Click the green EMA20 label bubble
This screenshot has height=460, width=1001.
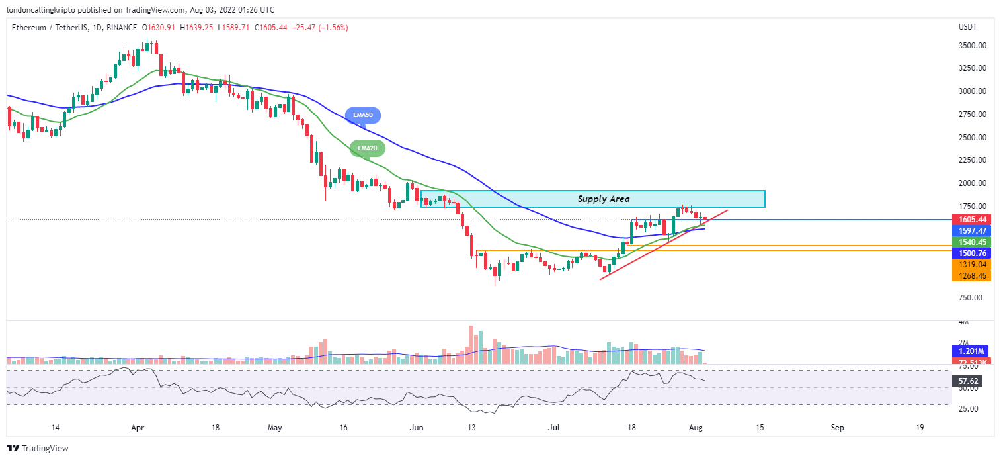366,148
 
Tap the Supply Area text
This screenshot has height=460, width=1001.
603,199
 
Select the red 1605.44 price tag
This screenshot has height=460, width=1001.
971,219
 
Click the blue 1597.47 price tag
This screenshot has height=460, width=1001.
971,231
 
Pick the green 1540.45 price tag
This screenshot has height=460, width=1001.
971,242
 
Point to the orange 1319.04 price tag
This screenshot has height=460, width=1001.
971,265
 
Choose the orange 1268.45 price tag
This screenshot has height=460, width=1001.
971,276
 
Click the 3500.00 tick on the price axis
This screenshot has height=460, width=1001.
973,46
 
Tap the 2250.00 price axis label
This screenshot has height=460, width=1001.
973,160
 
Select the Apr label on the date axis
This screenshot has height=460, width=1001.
138,428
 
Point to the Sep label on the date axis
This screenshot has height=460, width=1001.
837,428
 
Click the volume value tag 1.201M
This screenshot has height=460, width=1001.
969,351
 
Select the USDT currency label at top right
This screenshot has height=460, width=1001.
968,27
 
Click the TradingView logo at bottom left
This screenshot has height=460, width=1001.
38,448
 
